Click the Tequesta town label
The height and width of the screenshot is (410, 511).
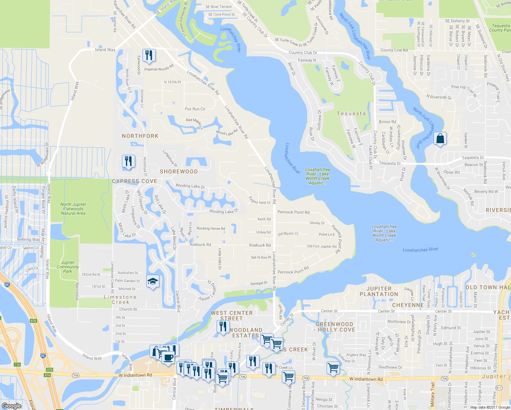coord(351,113)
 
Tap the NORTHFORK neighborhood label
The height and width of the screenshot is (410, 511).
coord(140,136)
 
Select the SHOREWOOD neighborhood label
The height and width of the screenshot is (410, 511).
coord(179,172)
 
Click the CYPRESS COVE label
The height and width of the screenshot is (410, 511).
coord(135,181)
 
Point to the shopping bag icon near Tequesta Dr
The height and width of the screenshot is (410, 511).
coord(440,139)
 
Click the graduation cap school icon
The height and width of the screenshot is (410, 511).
coord(153,281)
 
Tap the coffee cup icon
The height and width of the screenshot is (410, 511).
coord(168,358)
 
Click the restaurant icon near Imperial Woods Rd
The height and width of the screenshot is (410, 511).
coord(149,55)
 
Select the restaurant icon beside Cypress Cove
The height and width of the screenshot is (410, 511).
coord(128,161)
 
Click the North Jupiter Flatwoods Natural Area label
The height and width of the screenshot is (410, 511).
coord(73,209)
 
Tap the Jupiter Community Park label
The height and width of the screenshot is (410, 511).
coord(68,267)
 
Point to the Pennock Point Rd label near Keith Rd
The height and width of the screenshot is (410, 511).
coord(293,212)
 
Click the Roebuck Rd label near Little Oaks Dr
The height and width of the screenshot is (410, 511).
coord(200,245)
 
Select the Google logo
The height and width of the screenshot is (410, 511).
coord(11,406)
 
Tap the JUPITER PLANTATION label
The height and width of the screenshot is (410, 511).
coord(379,291)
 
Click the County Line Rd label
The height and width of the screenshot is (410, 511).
coord(394,50)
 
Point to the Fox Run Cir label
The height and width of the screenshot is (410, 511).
coord(195,109)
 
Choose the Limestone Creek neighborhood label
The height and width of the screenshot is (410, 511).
coord(120,300)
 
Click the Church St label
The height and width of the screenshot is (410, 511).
coord(128,309)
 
